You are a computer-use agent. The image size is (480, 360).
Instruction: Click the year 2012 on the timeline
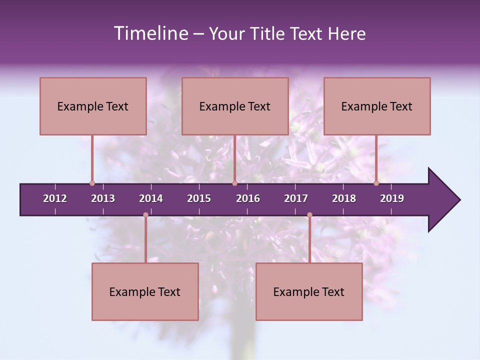tap(55, 198)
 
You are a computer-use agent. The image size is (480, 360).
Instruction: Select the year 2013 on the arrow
tap(103, 198)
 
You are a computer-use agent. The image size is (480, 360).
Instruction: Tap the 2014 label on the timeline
tap(151, 198)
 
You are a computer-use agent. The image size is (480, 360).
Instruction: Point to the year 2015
tap(199, 198)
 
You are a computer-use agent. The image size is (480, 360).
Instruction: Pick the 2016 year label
tap(248, 198)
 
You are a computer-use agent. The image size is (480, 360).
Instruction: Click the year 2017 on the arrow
tap(296, 198)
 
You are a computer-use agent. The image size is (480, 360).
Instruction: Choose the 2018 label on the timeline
tap(344, 198)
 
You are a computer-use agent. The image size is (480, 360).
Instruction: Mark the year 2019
tap(392, 198)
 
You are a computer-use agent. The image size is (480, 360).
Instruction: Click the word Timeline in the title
tap(150, 33)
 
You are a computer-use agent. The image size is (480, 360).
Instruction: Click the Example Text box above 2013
tap(93, 106)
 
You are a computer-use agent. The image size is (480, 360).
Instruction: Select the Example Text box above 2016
tap(235, 106)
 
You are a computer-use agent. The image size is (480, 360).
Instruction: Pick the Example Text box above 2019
tap(377, 106)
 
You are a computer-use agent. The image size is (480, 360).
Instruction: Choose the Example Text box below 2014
tap(145, 291)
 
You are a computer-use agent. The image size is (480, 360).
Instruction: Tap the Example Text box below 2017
tap(309, 291)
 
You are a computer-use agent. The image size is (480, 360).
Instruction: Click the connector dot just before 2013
tap(92, 183)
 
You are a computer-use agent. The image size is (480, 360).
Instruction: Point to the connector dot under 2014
tap(145, 215)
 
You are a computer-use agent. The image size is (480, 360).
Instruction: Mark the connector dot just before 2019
tap(376, 183)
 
